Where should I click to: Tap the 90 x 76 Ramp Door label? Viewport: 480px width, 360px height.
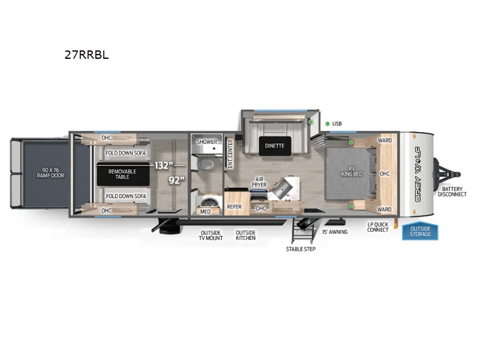49,172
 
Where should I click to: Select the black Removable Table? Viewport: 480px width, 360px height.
122,175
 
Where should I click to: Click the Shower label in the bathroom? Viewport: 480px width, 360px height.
207,142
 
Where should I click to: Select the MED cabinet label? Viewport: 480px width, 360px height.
206,211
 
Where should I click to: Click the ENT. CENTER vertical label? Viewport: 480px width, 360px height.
230,153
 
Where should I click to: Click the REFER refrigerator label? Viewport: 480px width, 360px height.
234,207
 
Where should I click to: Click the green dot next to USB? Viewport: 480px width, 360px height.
328,124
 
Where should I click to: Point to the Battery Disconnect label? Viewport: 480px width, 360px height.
452,191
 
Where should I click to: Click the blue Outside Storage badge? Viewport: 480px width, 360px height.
420,231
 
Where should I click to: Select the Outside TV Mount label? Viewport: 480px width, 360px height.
211,235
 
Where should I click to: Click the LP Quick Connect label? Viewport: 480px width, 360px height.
378,227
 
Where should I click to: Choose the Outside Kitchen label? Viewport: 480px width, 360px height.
245,235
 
